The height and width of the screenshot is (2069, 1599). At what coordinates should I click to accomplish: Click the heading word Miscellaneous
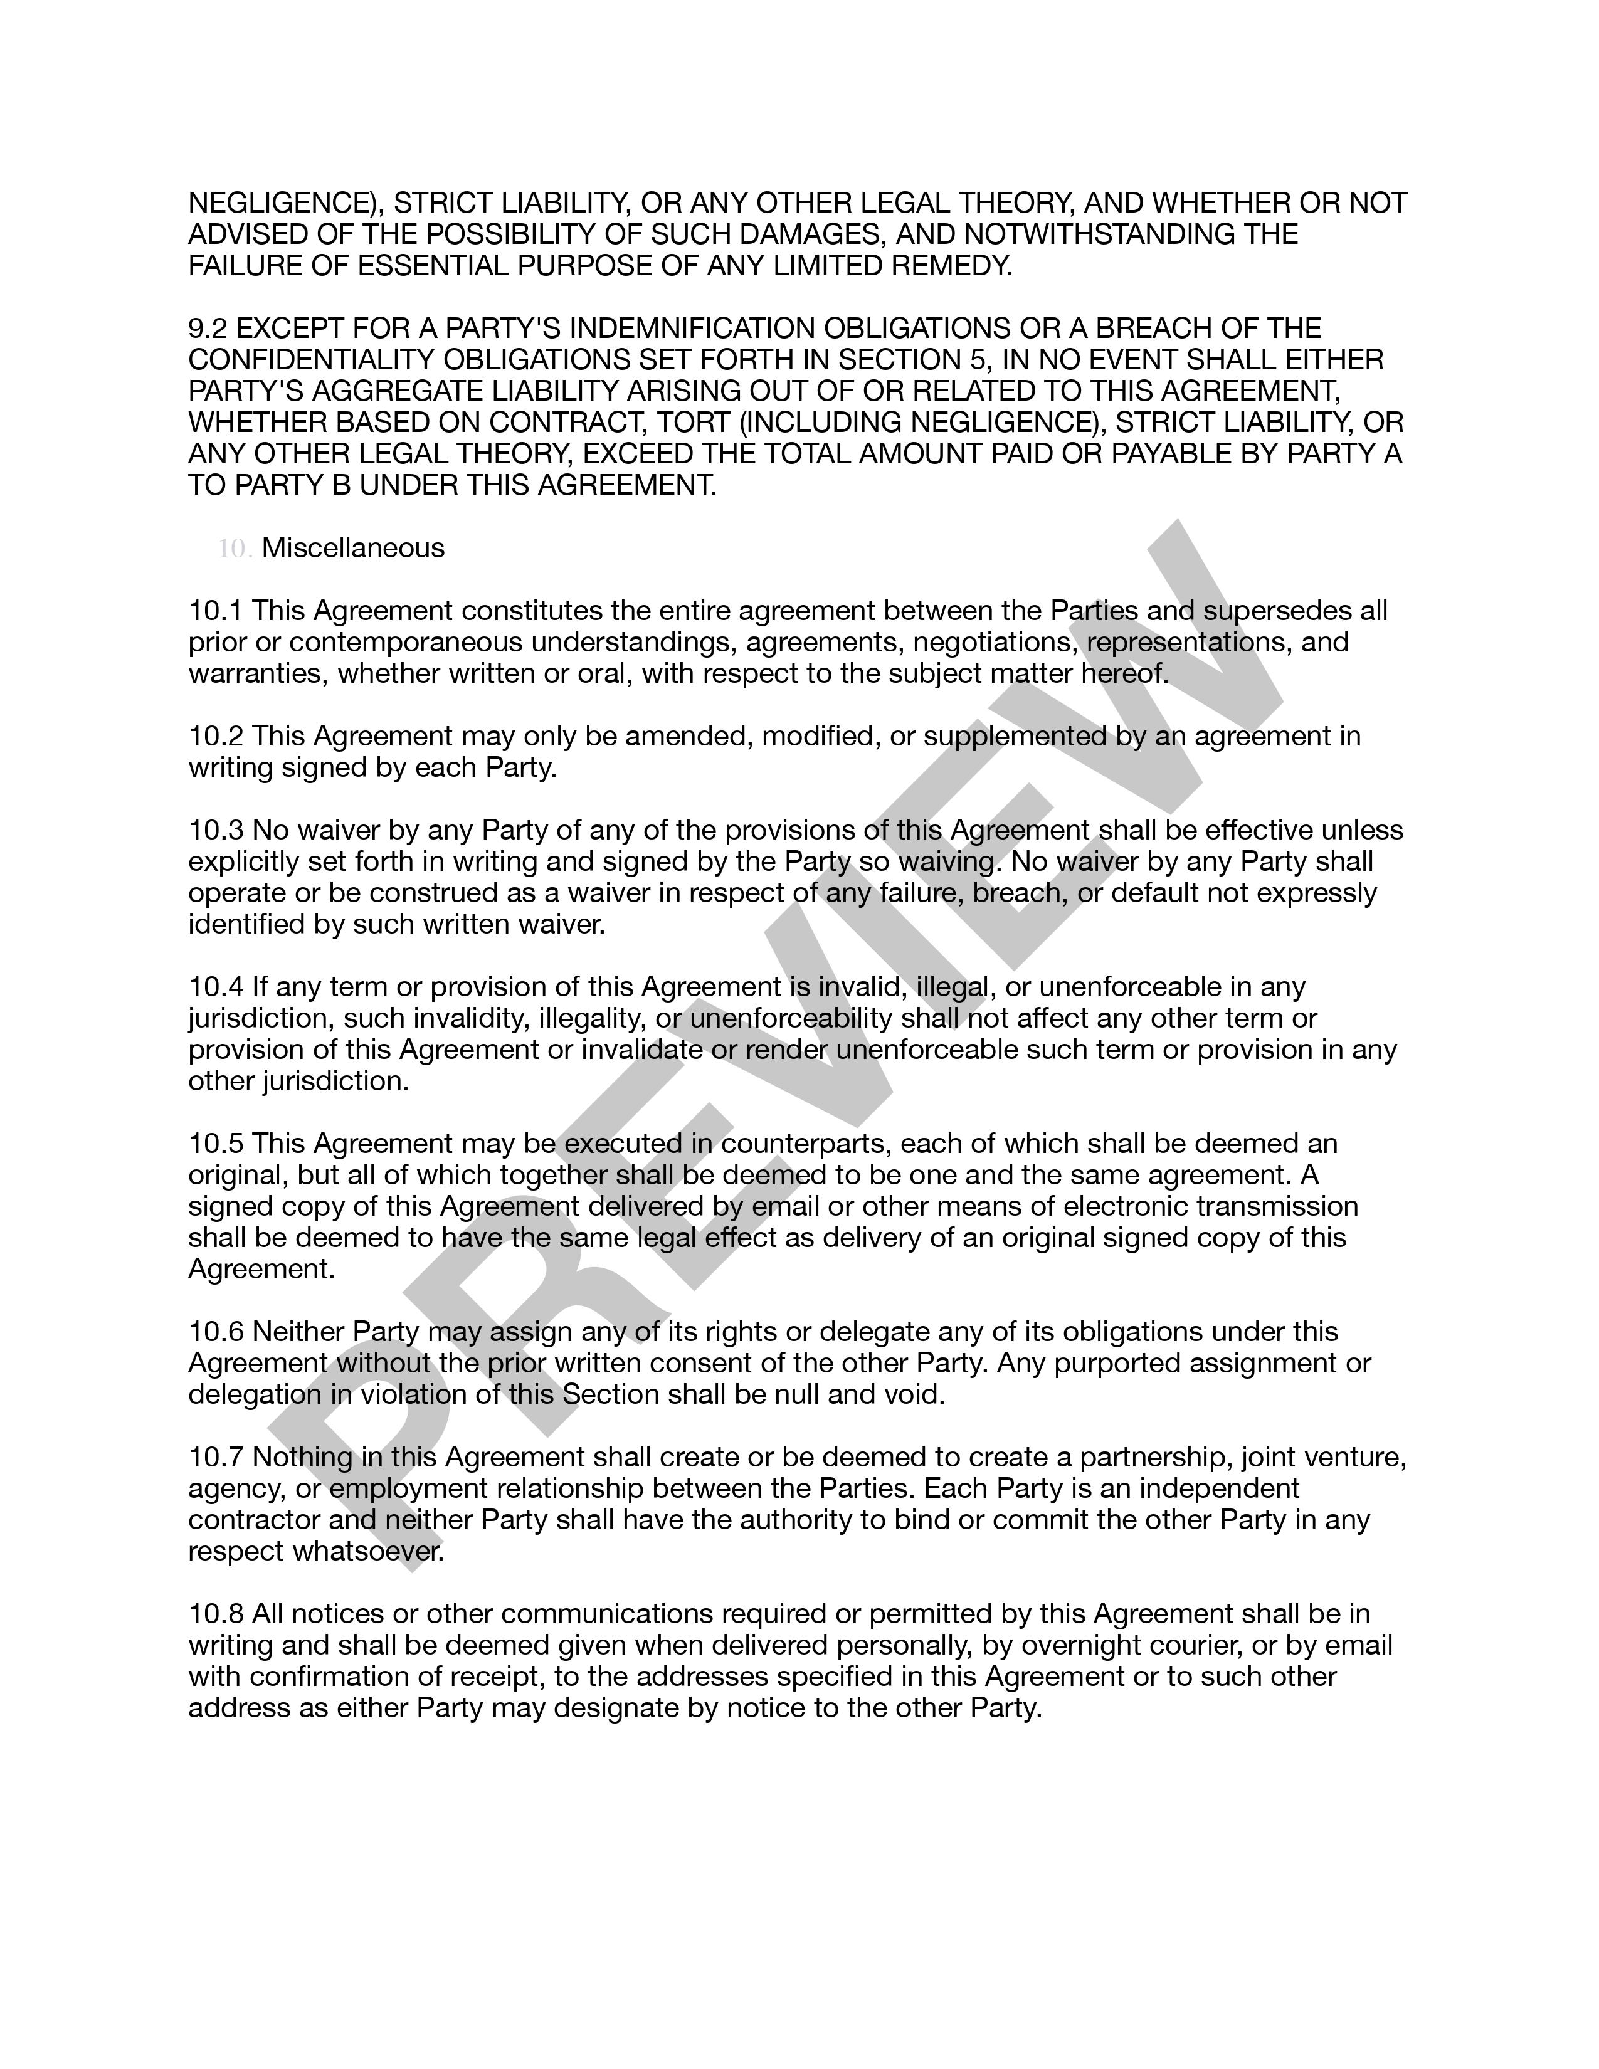352,549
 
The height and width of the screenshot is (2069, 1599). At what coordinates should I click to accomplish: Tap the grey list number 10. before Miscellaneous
234,549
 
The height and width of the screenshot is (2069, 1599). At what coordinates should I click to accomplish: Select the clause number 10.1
216,611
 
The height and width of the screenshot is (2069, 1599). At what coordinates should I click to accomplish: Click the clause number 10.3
216,830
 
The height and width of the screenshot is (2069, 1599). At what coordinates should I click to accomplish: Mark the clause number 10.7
216,1457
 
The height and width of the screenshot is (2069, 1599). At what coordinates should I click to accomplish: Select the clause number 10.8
216,1614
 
